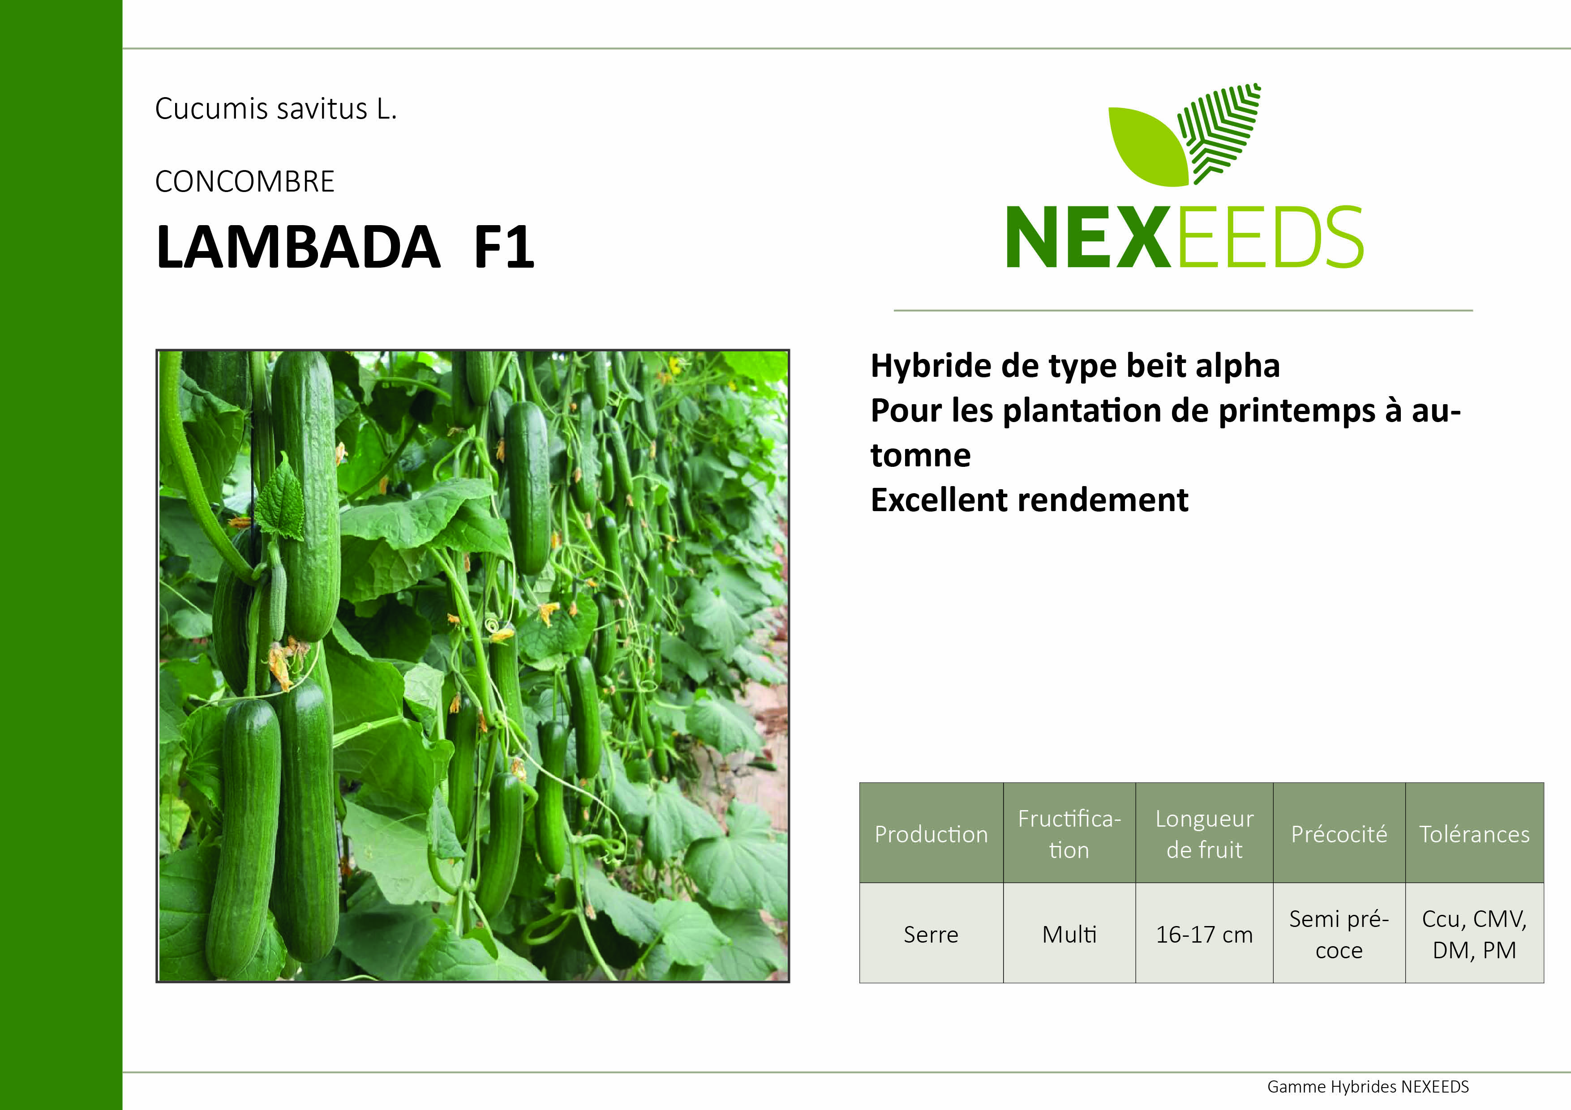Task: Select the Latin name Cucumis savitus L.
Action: point(276,109)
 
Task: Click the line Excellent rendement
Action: point(1029,500)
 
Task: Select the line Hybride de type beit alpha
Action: point(1075,366)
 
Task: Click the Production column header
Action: point(931,834)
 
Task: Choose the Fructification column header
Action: point(1069,834)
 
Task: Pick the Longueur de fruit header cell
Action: point(1204,834)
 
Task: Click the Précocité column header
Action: point(1339,834)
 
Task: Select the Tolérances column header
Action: point(1475,834)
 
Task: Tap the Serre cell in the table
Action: point(931,934)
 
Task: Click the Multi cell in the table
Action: point(1069,934)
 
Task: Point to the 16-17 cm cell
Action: point(1204,934)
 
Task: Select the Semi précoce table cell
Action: point(1339,934)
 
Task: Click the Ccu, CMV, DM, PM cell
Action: point(1475,934)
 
